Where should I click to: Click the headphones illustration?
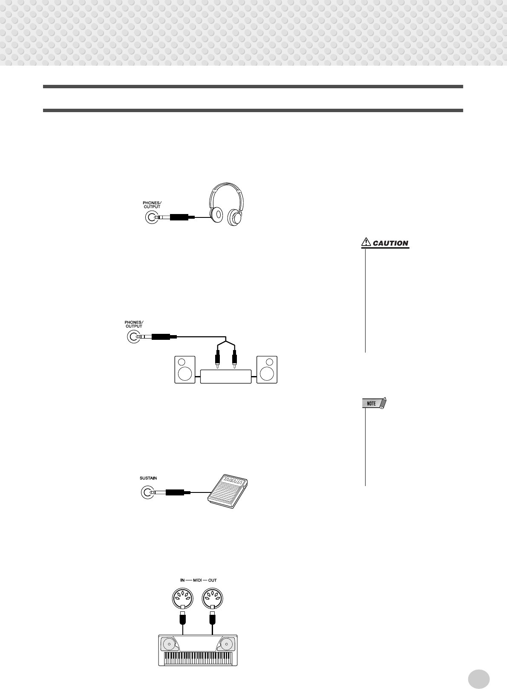(226, 204)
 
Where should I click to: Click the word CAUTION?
(390, 243)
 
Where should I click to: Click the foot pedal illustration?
(229, 491)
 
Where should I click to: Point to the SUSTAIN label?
(148, 478)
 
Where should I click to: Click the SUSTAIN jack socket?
(147, 492)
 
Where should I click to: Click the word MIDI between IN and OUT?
(198, 580)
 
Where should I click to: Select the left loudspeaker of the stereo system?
(185, 370)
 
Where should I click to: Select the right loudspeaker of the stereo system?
(267, 370)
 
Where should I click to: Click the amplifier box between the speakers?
(225, 377)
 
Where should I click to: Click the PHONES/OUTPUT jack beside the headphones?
(152, 217)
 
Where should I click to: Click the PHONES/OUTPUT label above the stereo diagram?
(134, 324)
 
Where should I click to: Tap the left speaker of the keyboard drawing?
(168, 644)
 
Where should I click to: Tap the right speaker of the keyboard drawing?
(227, 644)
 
